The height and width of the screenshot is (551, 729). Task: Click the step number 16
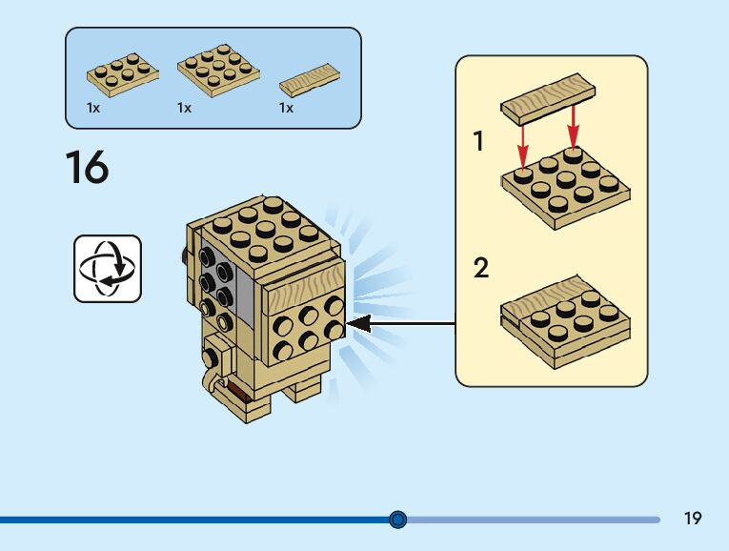(x=87, y=167)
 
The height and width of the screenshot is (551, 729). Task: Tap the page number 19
(x=693, y=519)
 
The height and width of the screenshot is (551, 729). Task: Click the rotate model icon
(x=107, y=269)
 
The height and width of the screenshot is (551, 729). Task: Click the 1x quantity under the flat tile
(x=286, y=109)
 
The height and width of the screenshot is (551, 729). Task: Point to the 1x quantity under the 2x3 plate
(x=93, y=109)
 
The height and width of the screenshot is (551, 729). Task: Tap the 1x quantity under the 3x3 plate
(x=184, y=109)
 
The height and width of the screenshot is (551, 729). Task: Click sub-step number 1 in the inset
(x=479, y=143)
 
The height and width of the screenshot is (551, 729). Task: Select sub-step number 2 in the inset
(x=481, y=269)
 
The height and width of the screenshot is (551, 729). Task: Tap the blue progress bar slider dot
(x=398, y=520)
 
